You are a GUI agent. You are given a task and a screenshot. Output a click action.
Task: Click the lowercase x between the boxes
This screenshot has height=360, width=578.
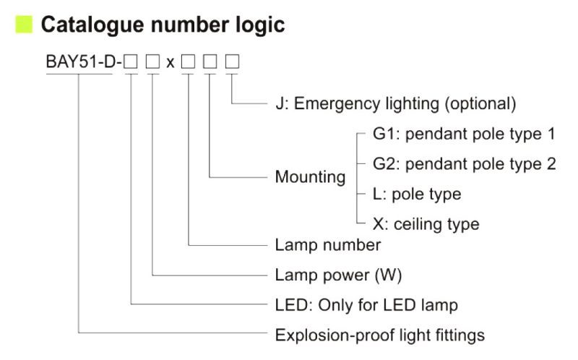tap(170, 62)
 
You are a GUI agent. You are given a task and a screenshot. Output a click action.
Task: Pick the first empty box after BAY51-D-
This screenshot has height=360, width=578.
tap(131, 62)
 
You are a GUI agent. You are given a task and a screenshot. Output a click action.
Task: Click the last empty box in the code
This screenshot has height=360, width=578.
tap(232, 62)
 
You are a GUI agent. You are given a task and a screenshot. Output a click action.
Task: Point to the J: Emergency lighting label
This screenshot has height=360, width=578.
tap(395, 103)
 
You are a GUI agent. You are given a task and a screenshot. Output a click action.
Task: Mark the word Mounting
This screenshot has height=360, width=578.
tap(310, 177)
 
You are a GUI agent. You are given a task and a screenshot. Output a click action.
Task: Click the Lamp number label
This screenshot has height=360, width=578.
tap(327, 245)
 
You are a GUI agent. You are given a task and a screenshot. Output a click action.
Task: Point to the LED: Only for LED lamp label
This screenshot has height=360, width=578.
tap(366, 305)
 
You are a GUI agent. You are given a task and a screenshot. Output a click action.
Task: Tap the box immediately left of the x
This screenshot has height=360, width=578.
tap(152, 62)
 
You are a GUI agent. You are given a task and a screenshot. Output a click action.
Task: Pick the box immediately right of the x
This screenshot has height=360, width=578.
tap(189, 62)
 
